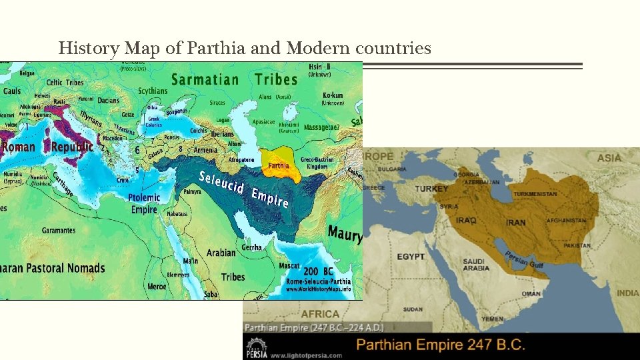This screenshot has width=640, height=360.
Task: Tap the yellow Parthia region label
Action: (279, 165)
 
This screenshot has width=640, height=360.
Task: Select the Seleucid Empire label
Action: (244, 188)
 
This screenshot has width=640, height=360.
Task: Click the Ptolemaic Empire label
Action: (145, 203)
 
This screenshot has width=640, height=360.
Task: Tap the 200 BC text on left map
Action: (319, 271)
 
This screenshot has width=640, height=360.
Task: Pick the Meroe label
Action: (157, 286)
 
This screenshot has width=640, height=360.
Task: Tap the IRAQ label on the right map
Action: (466, 219)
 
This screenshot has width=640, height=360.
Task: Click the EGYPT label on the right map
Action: (411, 257)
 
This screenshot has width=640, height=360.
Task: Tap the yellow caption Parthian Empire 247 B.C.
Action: (441, 345)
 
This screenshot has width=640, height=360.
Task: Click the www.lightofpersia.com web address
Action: (306, 355)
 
